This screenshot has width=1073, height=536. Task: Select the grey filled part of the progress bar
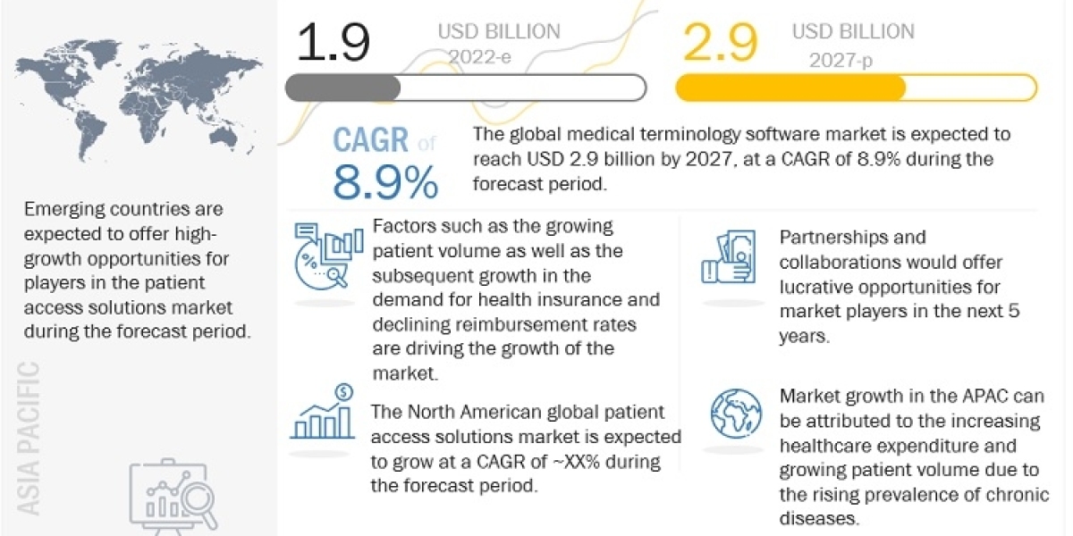pyautogui.click(x=343, y=88)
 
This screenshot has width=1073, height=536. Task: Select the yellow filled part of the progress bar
pyautogui.click(x=790, y=88)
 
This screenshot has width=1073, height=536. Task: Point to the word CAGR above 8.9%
pyautogui.click(x=371, y=139)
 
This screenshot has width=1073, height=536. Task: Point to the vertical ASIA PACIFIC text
pyautogui.click(x=29, y=438)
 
